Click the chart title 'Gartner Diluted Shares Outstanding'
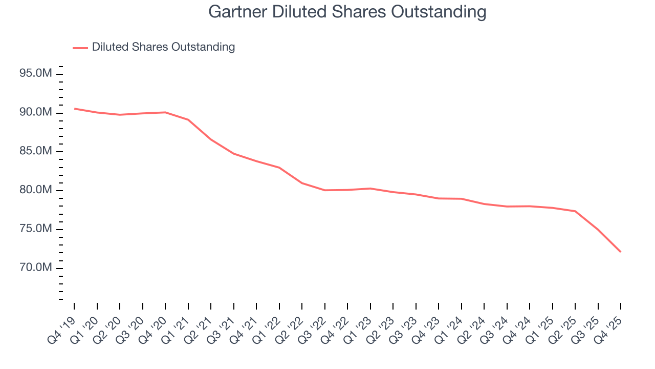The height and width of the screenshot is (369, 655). pyautogui.click(x=347, y=11)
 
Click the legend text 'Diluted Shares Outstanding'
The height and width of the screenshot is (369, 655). pyautogui.click(x=163, y=47)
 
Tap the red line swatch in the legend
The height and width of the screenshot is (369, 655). pyautogui.click(x=80, y=48)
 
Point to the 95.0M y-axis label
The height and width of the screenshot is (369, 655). pyautogui.click(x=35, y=74)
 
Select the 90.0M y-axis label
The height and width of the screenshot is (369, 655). pyautogui.click(x=35, y=113)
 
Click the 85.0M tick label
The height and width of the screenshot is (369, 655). pyautogui.click(x=35, y=152)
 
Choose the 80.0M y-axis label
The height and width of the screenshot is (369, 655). pyautogui.click(x=35, y=191)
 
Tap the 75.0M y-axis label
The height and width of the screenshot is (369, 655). pyautogui.click(x=35, y=229)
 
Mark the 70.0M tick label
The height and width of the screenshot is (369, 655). pyautogui.click(x=35, y=268)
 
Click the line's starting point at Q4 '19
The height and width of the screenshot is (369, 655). pyautogui.click(x=74, y=109)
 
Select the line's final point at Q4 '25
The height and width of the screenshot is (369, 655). pyautogui.click(x=621, y=252)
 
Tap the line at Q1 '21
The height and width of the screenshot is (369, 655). pyautogui.click(x=188, y=120)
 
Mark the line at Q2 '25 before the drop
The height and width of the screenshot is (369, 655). pyautogui.click(x=575, y=211)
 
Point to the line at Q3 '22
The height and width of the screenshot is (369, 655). pyautogui.click(x=325, y=190)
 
